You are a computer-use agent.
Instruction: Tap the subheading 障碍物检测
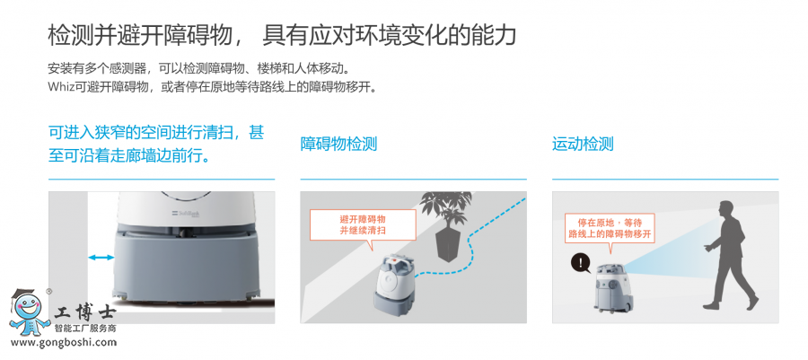[x=338, y=144]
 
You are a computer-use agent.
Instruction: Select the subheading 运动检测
[x=583, y=144]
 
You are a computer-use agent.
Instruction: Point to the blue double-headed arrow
[x=101, y=257]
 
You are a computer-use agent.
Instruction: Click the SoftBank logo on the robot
[x=180, y=214]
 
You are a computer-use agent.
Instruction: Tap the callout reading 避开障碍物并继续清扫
[x=363, y=225]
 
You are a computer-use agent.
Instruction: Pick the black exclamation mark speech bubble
[x=581, y=264]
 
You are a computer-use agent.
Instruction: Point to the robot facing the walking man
[x=613, y=289]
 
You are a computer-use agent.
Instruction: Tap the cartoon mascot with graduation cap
[x=29, y=312]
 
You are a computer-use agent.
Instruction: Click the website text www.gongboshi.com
[x=64, y=342]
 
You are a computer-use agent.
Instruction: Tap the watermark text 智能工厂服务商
[x=85, y=328]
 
